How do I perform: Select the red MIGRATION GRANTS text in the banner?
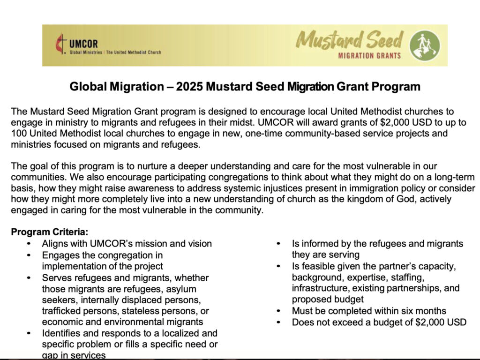tap(370, 56)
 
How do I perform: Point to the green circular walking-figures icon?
tap(425, 45)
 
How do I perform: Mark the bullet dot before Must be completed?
tap(279, 311)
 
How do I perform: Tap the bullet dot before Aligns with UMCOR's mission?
tap(29, 244)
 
